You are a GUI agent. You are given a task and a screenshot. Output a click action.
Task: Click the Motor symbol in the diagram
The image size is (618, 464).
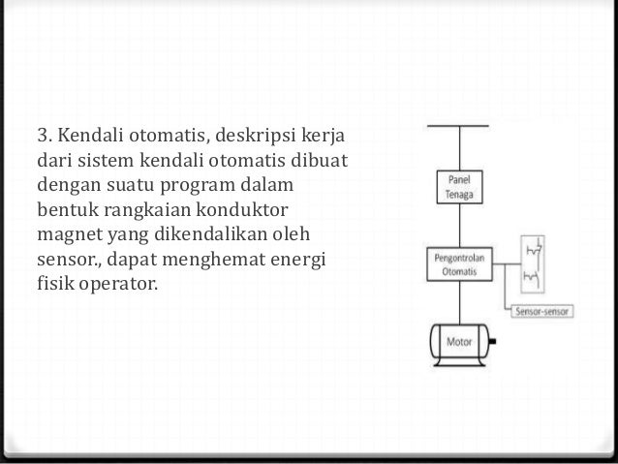click(x=458, y=342)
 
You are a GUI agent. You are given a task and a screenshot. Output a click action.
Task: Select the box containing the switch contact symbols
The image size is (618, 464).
click(x=532, y=267)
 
